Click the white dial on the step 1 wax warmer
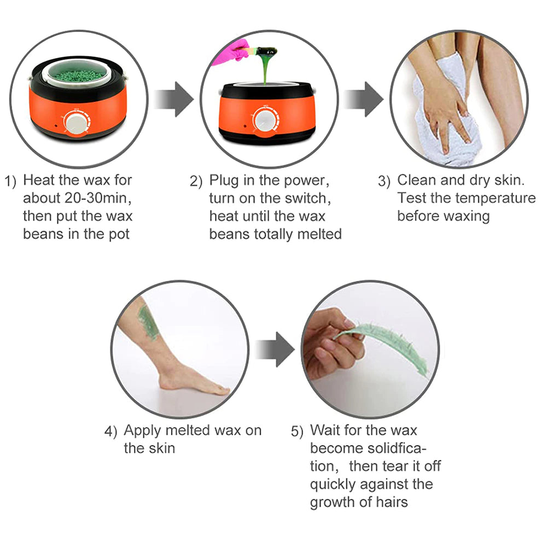(x=75, y=123)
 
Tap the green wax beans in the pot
(x=79, y=75)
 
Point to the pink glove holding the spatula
(x=232, y=53)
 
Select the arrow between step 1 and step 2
(x=174, y=100)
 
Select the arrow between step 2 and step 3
(x=364, y=100)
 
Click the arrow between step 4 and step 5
(x=275, y=350)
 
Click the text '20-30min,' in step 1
(x=98, y=198)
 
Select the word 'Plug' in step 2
(x=224, y=181)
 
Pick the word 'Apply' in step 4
(x=142, y=431)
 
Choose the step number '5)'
(x=297, y=432)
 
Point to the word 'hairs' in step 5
(x=392, y=502)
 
